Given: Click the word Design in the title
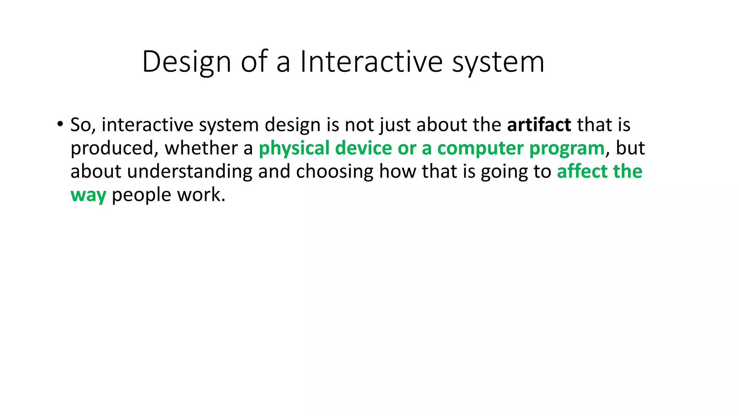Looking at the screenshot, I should pos(186,62).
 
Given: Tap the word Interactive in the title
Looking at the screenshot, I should pos(371,62).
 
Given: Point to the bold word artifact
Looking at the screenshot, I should pos(539,125).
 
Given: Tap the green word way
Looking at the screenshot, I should pos(88,195).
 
